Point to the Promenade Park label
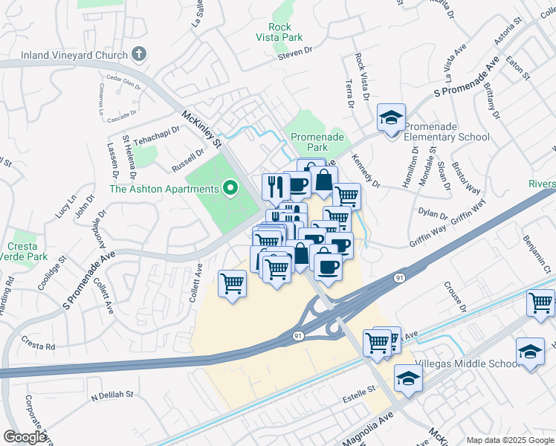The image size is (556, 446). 317,142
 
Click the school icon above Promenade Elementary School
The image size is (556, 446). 391,117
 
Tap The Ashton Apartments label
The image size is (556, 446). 164,189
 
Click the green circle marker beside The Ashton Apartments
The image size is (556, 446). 230,189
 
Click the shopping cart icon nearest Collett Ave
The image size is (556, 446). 233,283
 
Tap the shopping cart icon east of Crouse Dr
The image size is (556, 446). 540,303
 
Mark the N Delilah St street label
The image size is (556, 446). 112,395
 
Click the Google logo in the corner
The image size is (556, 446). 25,437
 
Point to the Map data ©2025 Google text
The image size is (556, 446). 509,440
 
